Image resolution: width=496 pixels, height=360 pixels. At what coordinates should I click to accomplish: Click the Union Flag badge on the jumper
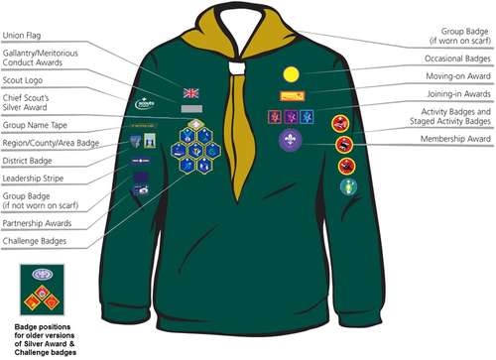tap(191, 92)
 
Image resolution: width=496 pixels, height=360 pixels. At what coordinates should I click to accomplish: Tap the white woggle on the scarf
tap(235, 69)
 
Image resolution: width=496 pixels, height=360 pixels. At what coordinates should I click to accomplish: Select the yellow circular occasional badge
tap(291, 73)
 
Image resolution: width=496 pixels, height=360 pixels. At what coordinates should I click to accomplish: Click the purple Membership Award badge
tap(289, 140)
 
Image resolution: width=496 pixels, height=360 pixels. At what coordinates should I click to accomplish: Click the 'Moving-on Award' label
tap(450, 75)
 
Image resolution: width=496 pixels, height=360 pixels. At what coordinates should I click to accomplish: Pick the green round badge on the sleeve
tap(347, 185)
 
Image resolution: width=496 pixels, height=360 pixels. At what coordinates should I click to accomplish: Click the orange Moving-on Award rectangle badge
tap(292, 96)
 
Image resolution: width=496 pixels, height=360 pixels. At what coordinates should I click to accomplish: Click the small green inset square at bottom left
tap(42, 289)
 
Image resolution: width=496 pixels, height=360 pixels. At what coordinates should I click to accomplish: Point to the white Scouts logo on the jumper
tap(146, 101)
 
